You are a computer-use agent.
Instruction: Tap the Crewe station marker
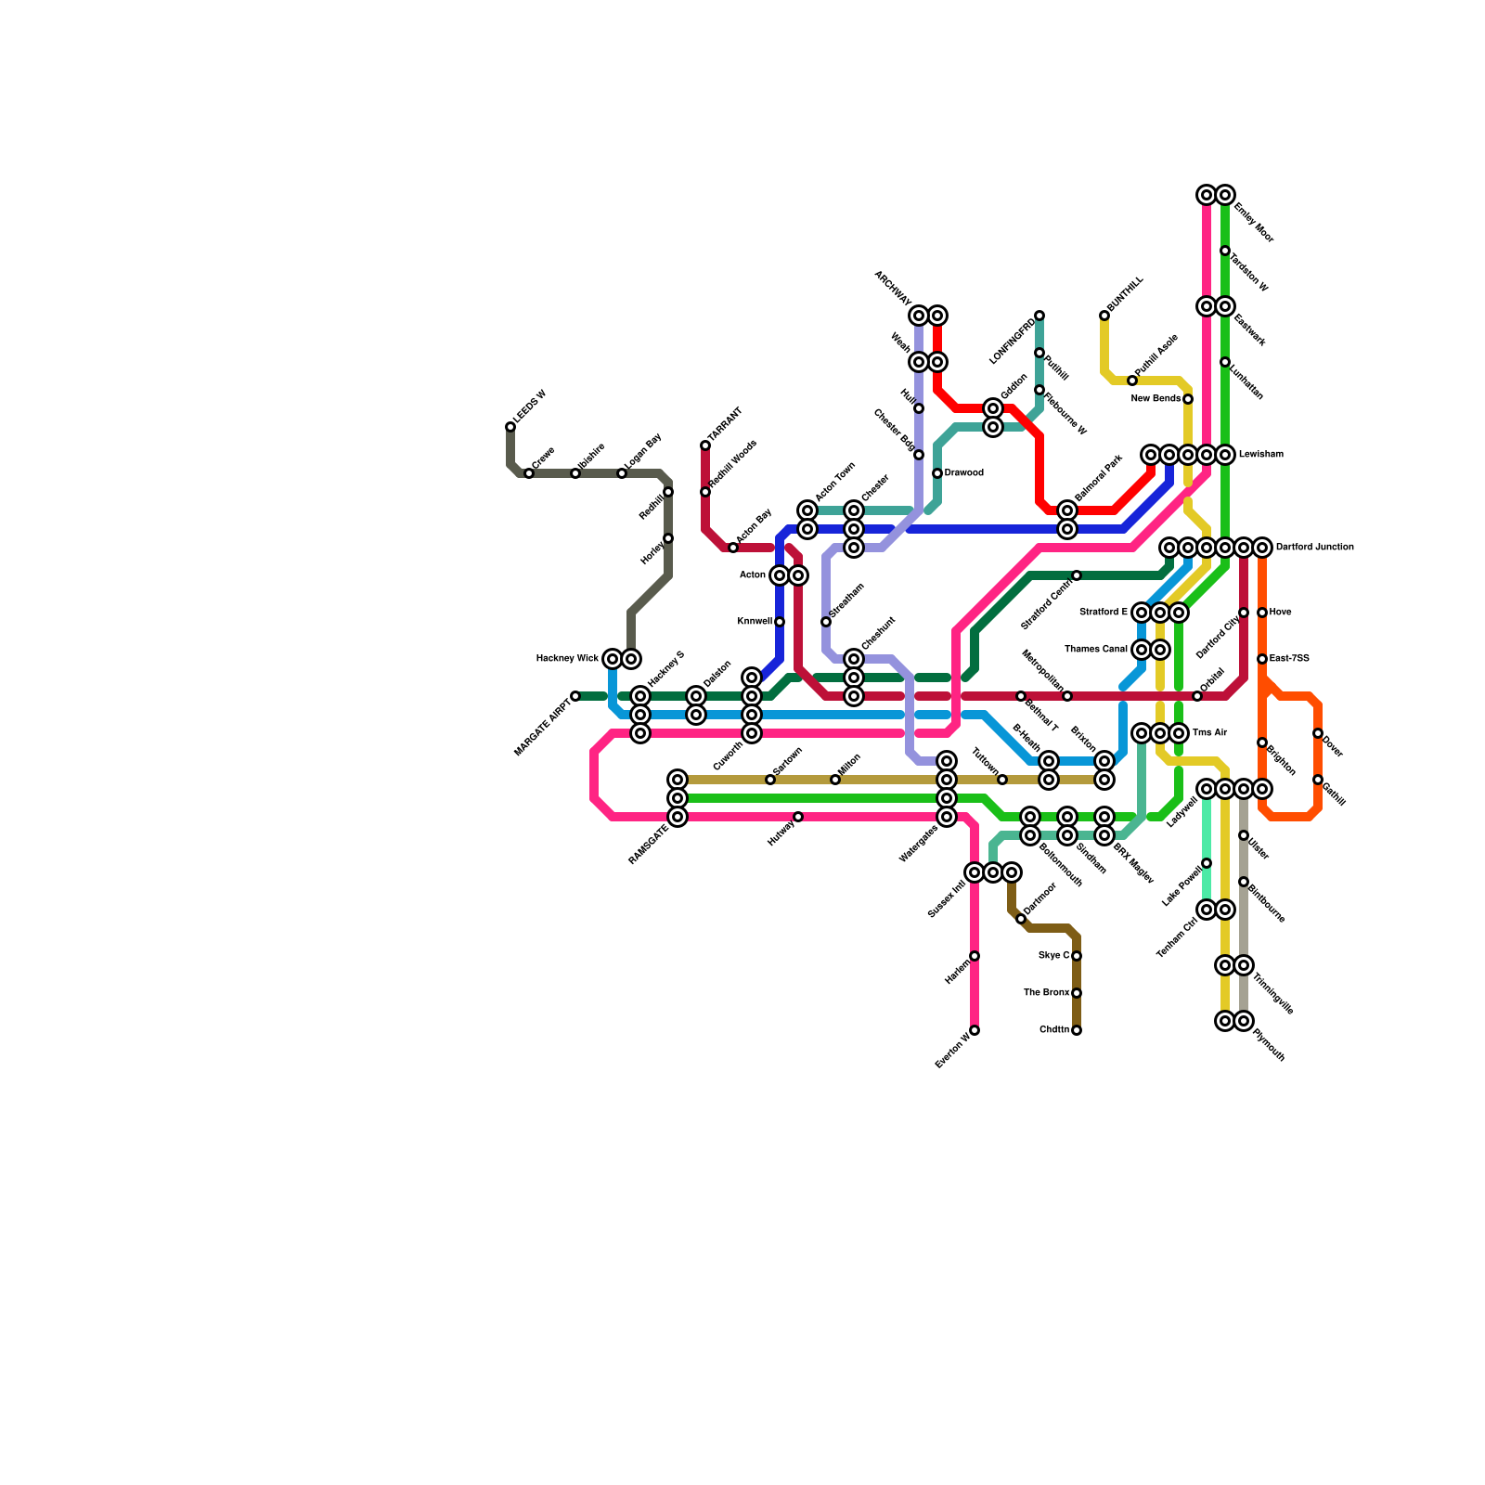529,473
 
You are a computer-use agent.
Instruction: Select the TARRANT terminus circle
705,445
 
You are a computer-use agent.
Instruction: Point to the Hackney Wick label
567,659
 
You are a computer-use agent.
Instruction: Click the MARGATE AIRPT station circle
575,696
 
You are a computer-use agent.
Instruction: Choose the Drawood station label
963,473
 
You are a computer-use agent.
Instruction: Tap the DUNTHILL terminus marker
1104,316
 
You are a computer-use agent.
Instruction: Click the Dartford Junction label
1314,548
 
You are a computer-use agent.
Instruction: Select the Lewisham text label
1260,455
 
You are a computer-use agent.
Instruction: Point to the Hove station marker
1262,613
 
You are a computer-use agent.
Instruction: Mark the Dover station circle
1318,733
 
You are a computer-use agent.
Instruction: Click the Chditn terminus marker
1077,1030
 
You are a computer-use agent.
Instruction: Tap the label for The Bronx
1046,993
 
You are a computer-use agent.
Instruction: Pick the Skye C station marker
1077,956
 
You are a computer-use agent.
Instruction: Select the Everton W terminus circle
975,1030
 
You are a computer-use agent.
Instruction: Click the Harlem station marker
975,956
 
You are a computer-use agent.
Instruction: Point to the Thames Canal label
1095,650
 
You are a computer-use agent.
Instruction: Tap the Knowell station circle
780,622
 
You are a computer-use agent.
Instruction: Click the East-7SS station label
1289,659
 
